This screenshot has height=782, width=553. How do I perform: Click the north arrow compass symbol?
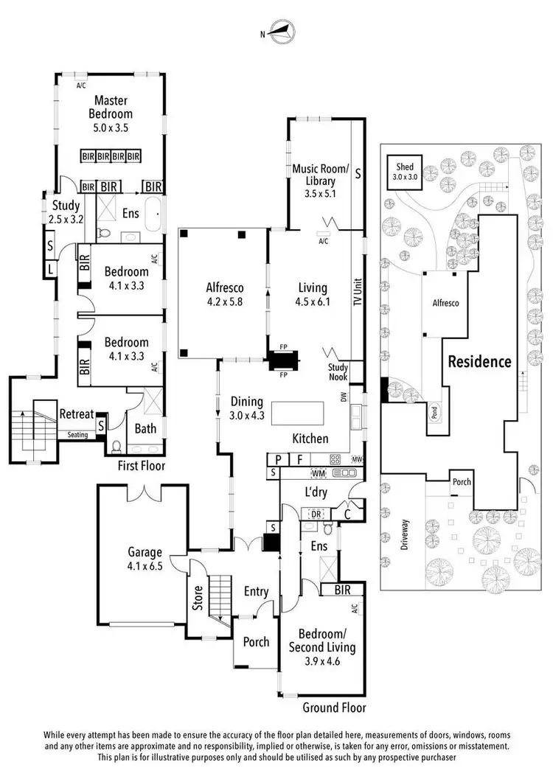(281, 32)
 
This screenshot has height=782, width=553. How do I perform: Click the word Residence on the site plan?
(480, 361)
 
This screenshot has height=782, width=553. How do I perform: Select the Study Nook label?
(341, 373)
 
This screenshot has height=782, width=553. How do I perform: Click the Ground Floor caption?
(334, 708)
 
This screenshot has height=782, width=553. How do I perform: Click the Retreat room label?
(75, 413)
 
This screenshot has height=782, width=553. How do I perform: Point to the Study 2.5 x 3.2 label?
(66, 212)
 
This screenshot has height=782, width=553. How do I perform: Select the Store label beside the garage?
(197, 598)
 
